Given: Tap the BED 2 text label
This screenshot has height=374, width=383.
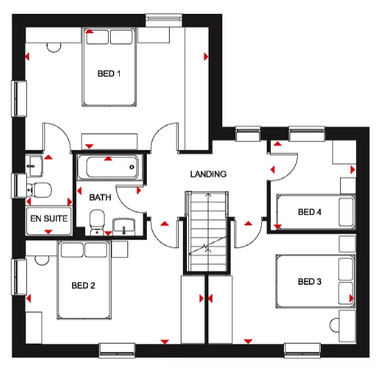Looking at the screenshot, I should (83, 285).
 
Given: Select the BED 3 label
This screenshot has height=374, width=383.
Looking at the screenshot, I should (310, 281).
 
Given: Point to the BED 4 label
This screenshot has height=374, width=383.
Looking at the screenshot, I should (310, 212).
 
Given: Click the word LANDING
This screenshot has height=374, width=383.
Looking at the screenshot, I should (208, 174).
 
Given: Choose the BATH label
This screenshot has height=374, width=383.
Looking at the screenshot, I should (100, 197).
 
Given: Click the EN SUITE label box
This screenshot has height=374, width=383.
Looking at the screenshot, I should (48, 218).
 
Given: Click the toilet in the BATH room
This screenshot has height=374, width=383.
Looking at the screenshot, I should (97, 220).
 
